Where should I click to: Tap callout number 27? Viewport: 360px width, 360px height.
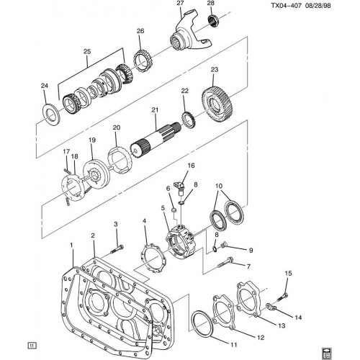coord(180,4)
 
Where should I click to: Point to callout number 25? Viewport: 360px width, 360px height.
coord(87,52)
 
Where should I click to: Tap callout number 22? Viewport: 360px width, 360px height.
coord(184,91)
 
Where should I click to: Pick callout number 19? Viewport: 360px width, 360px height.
coord(91,140)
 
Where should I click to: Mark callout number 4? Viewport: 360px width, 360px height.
coord(144,222)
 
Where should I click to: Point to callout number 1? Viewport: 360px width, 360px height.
coord(71,245)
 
